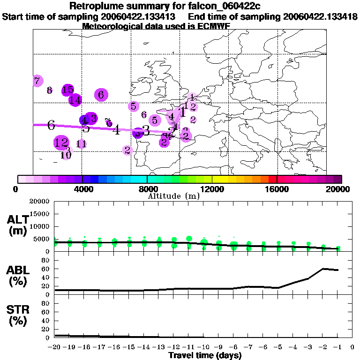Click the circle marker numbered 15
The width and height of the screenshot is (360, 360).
click(x=68, y=90)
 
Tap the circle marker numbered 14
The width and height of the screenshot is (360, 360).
click(x=75, y=100)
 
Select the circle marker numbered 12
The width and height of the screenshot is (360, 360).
click(x=61, y=142)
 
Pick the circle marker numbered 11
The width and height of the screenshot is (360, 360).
click(x=81, y=144)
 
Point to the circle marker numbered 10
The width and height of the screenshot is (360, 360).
click(x=66, y=154)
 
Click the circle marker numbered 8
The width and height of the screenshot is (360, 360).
click(x=49, y=90)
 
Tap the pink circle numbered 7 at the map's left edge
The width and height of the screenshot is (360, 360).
click(x=37, y=81)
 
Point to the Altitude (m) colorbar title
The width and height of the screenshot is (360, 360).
click(x=173, y=196)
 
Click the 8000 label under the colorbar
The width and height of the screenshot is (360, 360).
click(x=147, y=189)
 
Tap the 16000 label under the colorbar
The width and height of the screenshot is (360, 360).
click(x=277, y=189)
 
